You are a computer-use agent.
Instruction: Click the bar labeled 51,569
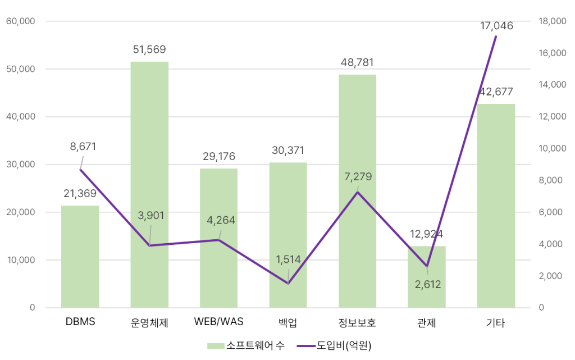[149, 185]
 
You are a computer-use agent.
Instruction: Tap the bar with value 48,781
[358, 191]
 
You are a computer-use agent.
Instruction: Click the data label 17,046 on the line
[496, 26]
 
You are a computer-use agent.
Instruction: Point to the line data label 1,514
[288, 259]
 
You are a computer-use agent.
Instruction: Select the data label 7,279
[358, 177]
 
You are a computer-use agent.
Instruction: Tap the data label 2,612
[427, 284]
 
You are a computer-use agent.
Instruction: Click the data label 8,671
[83, 147]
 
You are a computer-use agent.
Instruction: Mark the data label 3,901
[152, 216]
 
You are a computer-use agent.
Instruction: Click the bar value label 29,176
[219, 156]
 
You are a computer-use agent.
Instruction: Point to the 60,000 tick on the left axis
[21, 21]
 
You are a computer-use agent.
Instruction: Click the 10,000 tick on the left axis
[21, 260]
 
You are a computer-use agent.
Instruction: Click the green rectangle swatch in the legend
[216, 346]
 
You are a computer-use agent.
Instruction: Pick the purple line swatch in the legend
[306, 346]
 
